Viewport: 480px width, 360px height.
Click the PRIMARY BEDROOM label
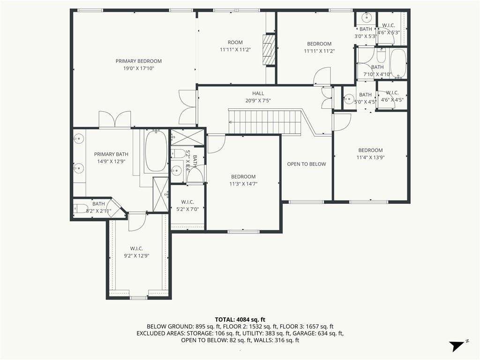(139, 61)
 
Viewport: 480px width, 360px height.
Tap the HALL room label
(258, 93)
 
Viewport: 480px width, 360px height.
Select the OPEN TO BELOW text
(307, 164)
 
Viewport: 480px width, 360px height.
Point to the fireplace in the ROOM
(269, 50)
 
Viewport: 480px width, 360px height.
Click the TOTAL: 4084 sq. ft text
(240, 320)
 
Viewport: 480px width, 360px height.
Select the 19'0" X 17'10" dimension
(139, 68)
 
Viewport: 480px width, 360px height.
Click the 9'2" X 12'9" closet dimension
(136, 256)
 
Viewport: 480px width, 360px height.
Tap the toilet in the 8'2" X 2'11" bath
(81, 209)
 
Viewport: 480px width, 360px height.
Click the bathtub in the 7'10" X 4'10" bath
(398, 63)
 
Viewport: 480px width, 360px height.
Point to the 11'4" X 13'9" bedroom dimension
(370, 157)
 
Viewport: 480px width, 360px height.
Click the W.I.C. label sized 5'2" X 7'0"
(187, 202)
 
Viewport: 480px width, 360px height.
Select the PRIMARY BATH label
(111, 154)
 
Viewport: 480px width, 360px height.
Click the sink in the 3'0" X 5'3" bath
(366, 17)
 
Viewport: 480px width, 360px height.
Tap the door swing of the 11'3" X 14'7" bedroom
(217, 144)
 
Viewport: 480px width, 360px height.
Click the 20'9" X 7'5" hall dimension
(258, 101)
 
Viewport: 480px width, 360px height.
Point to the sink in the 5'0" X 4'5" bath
(349, 98)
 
